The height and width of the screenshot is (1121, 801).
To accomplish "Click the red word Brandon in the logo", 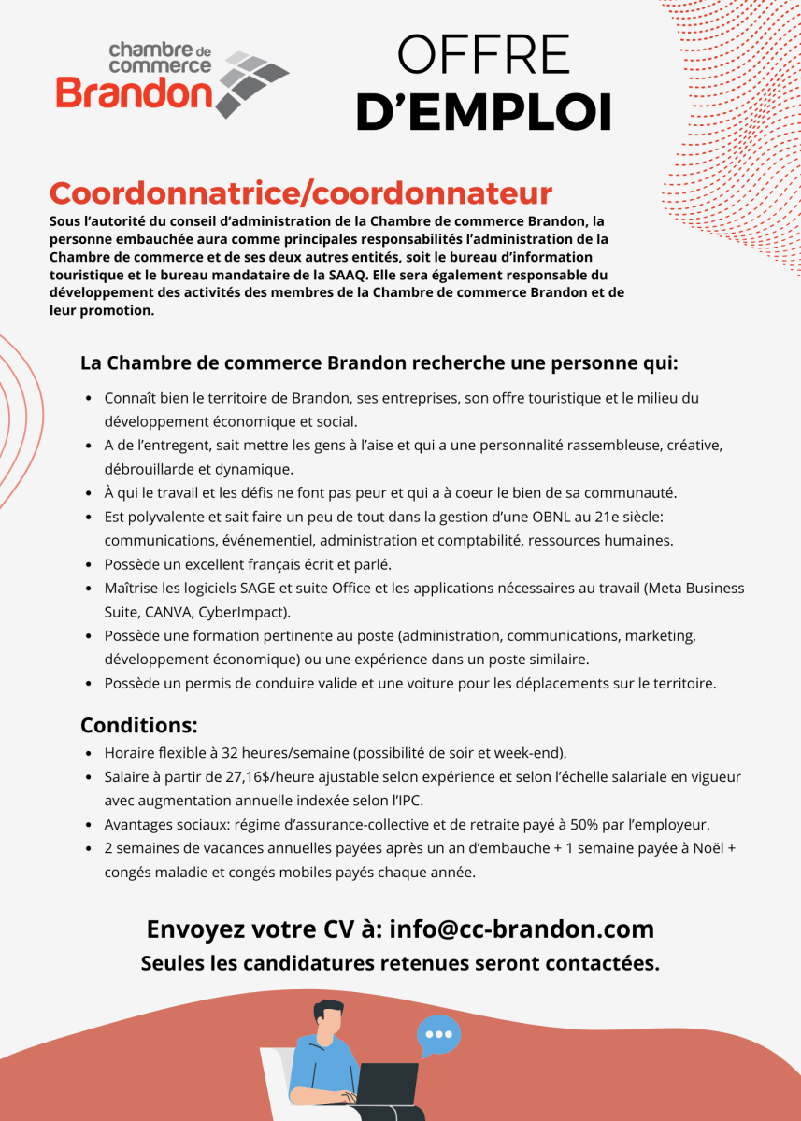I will tap(134, 92).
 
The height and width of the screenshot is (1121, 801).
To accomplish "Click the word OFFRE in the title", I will tap(483, 55).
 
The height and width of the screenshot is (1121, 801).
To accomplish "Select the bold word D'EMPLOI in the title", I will tap(483, 111).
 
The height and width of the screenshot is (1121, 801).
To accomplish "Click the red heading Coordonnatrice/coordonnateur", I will tap(301, 193).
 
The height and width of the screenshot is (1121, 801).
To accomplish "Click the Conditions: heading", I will tap(138, 725).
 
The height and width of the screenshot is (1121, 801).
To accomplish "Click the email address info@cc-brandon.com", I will tap(521, 929).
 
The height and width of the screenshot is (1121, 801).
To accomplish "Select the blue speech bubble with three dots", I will tap(437, 1034).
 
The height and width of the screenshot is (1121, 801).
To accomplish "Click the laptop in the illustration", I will tap(387, 1084).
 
